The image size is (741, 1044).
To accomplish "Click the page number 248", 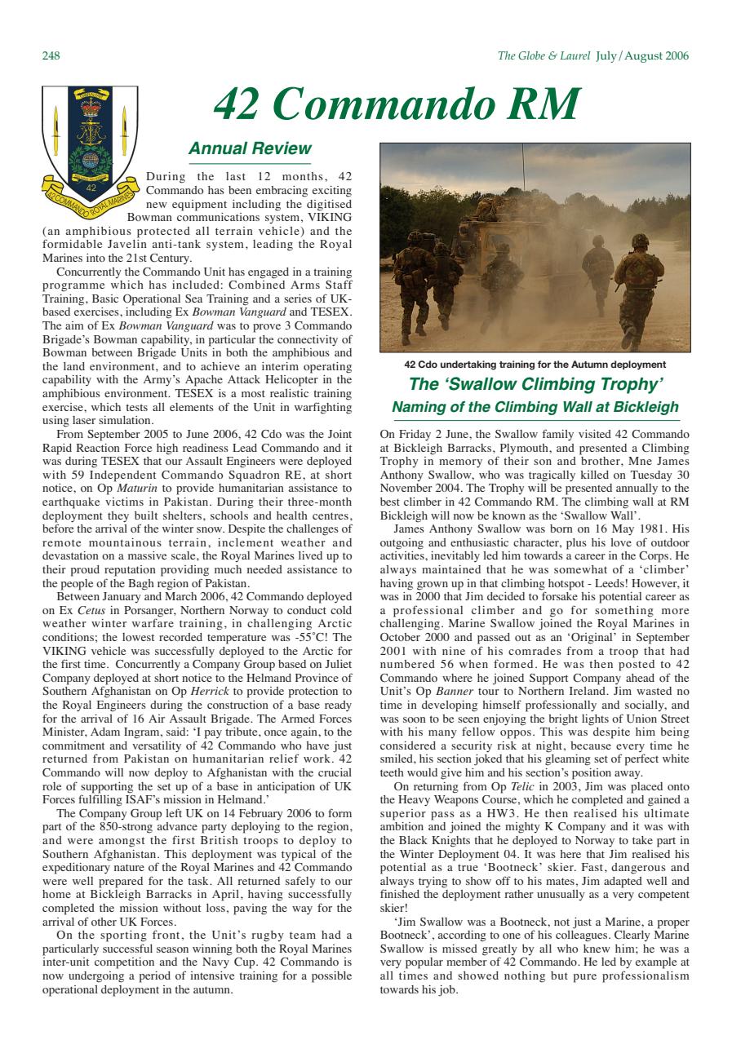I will [x=50, y=56].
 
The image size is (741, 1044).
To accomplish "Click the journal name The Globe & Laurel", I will [x=544, y=56].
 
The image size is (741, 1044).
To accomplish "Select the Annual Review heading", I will [x=250, y=148].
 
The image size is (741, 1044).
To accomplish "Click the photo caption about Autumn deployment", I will [x=535, y=365].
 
